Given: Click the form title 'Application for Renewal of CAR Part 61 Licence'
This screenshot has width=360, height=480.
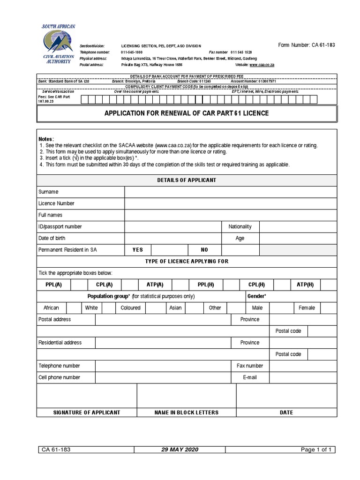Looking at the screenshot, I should click(186, 114).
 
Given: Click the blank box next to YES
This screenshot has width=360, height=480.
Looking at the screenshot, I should click(169, 250).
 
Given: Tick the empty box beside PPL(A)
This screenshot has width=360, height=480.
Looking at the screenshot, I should click(79, 285).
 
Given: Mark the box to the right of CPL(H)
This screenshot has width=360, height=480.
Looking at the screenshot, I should click(282, 285).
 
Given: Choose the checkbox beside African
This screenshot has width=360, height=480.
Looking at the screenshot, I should click(74, 308).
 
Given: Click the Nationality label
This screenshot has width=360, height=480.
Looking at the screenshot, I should click(240, 227).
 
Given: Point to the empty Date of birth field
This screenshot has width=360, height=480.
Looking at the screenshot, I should click(173, 238).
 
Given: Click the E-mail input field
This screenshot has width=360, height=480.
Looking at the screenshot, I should click(303, 377).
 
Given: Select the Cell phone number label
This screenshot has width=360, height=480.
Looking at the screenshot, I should click(59, 377).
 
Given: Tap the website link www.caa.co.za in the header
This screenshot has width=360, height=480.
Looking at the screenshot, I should click(262, 65).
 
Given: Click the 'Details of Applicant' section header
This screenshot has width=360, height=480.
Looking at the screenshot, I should click(186, 180).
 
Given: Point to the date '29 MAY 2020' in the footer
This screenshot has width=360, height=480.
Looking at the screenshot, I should click(180, 450).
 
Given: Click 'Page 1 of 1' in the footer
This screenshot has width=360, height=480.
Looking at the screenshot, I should click(316, 450).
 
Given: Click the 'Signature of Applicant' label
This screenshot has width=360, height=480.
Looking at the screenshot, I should click(86, 412).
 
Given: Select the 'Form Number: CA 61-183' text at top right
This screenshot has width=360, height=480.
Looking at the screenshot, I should click(307, 45).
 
